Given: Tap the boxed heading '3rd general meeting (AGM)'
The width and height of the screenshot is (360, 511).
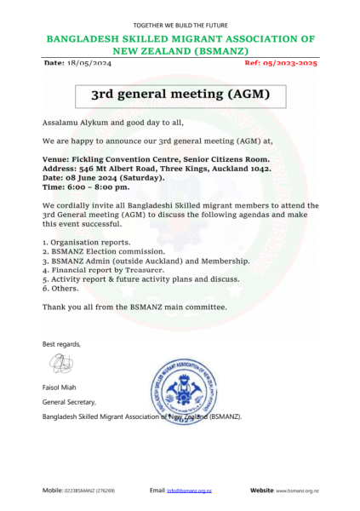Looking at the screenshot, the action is click(180, 95).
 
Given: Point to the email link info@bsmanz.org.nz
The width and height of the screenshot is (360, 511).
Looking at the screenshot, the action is click(189, 491).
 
